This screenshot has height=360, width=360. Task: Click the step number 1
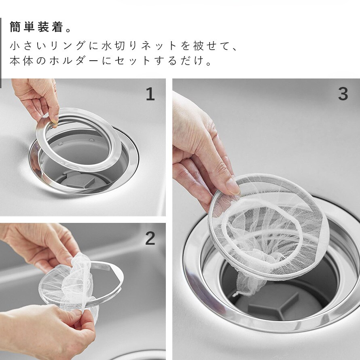point(150,94)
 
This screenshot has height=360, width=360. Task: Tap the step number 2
point(150,239)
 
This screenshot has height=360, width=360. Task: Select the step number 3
point(343,94)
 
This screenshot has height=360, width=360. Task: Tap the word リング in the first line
point(68,46)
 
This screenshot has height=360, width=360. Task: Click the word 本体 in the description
point(21,61)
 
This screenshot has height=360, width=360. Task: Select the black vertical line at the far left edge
point(1,53)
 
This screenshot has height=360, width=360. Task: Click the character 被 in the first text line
point(198,46)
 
